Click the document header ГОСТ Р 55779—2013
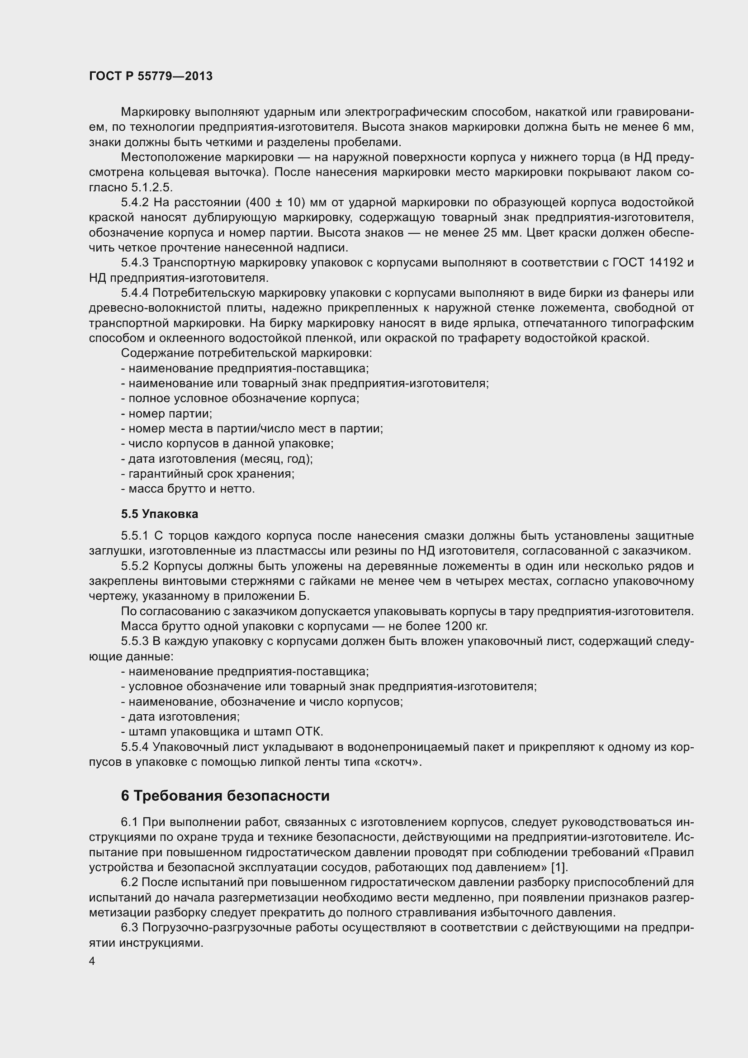click(x=151, y=76)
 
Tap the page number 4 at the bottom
click(x=92, y=961)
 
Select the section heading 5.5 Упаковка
click(x=159, y=513)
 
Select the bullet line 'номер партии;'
click(x=166, y=413)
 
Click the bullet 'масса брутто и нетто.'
click(x=188, y=489)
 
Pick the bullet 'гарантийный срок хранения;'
click(x=208, y=474)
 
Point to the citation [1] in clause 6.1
click(x=559, y=867)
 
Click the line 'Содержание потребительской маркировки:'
click(x=246, y=353)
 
